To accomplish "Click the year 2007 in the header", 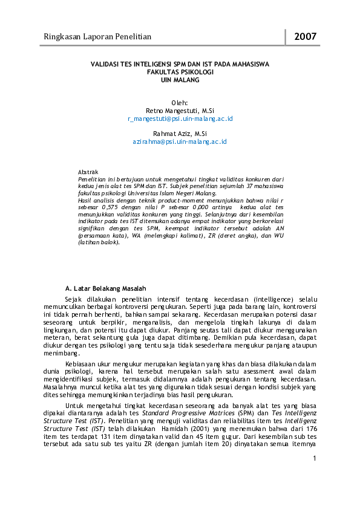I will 306,37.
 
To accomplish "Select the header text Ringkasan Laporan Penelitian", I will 97,37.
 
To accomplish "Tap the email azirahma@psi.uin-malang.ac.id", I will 180,141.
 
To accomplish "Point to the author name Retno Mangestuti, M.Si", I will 180,111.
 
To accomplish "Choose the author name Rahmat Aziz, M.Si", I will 180,134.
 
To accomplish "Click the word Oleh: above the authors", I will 180,103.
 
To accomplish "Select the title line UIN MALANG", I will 180,79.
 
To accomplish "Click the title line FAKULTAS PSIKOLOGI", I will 180,71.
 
